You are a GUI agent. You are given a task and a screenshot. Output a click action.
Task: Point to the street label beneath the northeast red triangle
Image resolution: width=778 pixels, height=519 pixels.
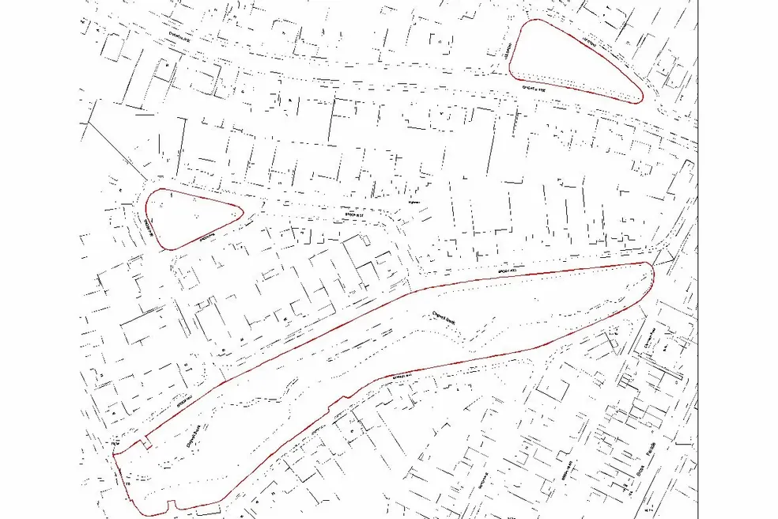point(537,93)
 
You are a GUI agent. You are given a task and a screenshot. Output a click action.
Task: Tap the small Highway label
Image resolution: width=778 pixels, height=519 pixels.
point(410,203)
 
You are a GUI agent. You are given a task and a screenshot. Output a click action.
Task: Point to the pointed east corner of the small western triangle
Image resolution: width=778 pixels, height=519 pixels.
point(240,210)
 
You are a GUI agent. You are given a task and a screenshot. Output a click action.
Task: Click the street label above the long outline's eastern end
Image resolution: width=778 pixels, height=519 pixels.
point(507,270)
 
